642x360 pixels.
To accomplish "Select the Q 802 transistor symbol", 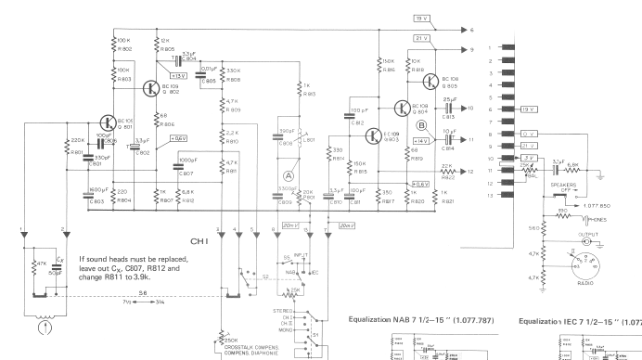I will [151, 88].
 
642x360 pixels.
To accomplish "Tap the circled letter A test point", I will [289, 174].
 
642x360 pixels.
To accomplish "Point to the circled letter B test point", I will [422, 125].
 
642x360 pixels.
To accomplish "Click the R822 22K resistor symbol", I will [446, 172].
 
